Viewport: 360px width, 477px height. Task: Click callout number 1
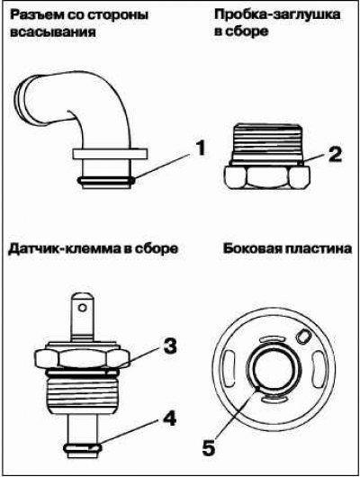[x=200, y=148]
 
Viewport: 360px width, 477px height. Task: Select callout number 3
[x=168, y=346]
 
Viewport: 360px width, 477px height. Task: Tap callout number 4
[x=168, y=418]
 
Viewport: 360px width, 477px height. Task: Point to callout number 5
[x=209, y=447]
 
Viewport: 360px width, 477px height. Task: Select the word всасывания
[x=53, y=31]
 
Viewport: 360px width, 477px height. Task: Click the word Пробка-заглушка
[x=277, y=14]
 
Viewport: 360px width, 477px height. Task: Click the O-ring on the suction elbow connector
[x=106, y=180]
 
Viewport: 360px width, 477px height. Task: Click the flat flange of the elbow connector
[x=110, y=154]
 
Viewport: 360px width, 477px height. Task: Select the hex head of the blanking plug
[x=267, y=177]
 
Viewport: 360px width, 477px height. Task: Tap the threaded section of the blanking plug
[x=267, y=142]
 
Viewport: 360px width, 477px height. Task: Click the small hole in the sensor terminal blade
[x=82, y=308]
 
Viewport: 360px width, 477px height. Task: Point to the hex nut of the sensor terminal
[x=83, y=358]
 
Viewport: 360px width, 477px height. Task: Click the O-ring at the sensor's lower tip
[x=83, y=447]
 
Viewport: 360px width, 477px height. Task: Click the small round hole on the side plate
[x=303, y=337]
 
